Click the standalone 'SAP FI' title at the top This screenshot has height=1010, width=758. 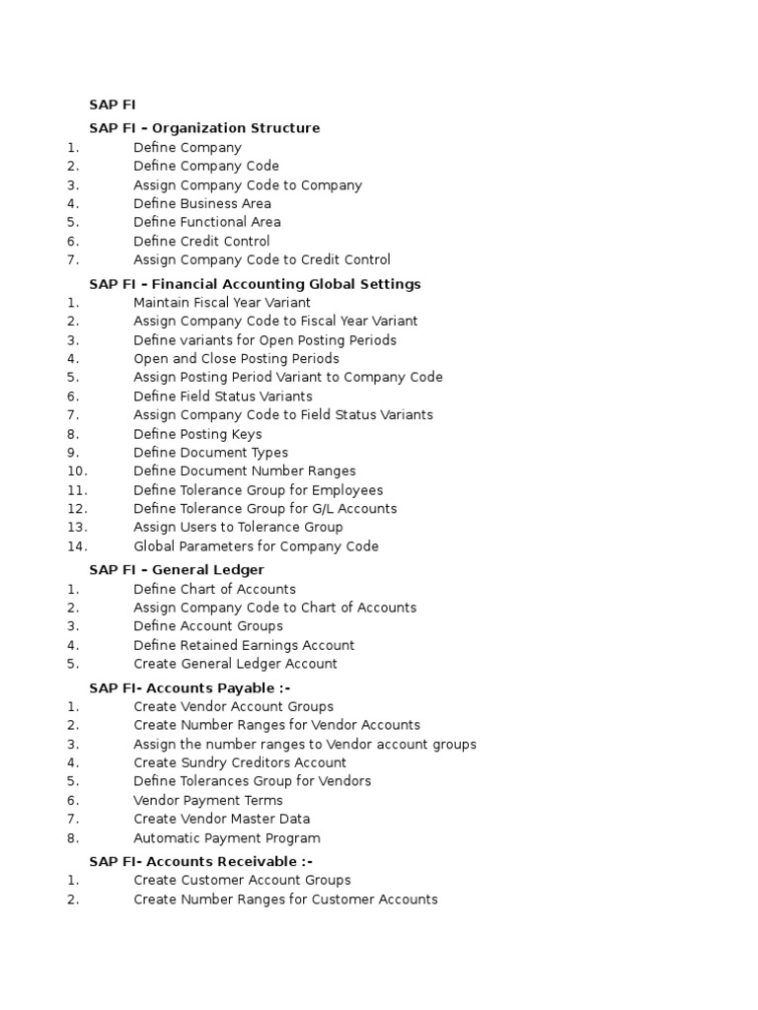(x=113, y=104)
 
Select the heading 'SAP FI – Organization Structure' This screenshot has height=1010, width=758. (x=204, y=127)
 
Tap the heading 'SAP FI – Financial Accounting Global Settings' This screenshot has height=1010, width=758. (x=255, y=284)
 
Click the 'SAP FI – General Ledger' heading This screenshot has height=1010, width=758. (x=177, y=569)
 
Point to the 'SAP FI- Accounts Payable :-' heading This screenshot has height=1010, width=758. (x=189, y=687)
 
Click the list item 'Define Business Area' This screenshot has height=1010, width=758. (x=202, y=203)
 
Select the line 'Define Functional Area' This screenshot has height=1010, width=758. (x=207, y=222)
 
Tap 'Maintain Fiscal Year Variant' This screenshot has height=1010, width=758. (x=222, y=303)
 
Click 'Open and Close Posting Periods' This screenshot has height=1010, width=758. (x=236, y=359)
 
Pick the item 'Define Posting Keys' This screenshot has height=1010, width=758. (x=197, y=434)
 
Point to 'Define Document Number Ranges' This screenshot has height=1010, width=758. (x=245, y=471)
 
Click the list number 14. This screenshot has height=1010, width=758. (x=78, y=546)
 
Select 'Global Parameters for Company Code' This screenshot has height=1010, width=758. (x=256, y=546)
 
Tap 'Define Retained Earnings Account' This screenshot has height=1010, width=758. (x=244, y=645)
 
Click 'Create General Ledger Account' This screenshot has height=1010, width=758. (x=235, y=664)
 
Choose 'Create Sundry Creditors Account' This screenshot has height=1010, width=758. (x=240, y=762)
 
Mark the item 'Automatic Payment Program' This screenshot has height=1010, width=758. (x=227, y=838)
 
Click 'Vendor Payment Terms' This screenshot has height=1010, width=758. (x=208, y=800)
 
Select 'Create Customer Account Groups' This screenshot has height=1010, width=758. (x=242, y=880)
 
